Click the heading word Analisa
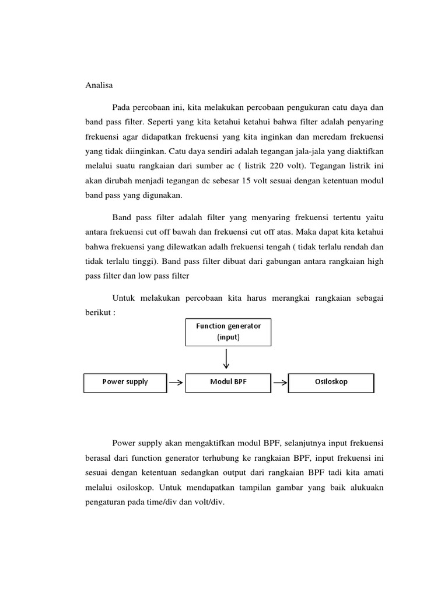[x=96, y=85]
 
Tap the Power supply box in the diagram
[x=125, y=382]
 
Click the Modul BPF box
[x=228, y=382]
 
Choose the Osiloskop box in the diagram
[x=331, y=382]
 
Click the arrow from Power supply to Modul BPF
[x=176, y=383]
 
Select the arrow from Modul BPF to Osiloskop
[x=280, y=383]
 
